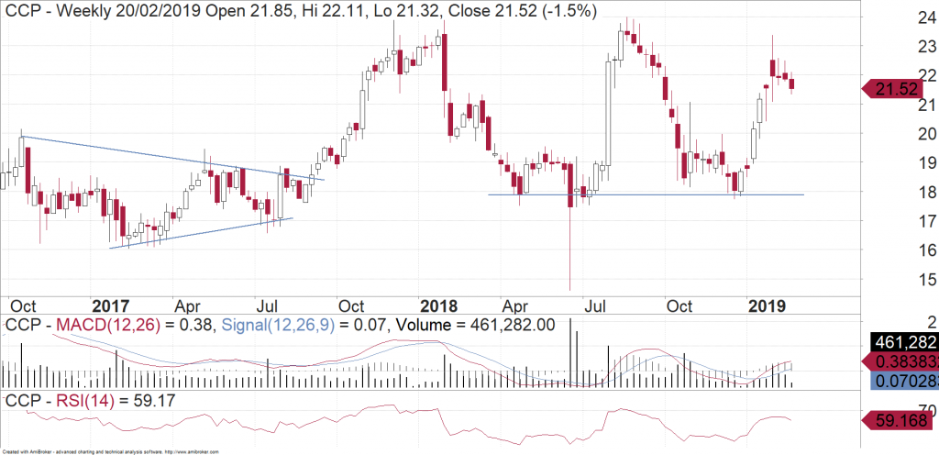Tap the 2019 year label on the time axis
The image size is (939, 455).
(764, 305)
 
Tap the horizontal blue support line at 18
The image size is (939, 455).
(642, 194)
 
